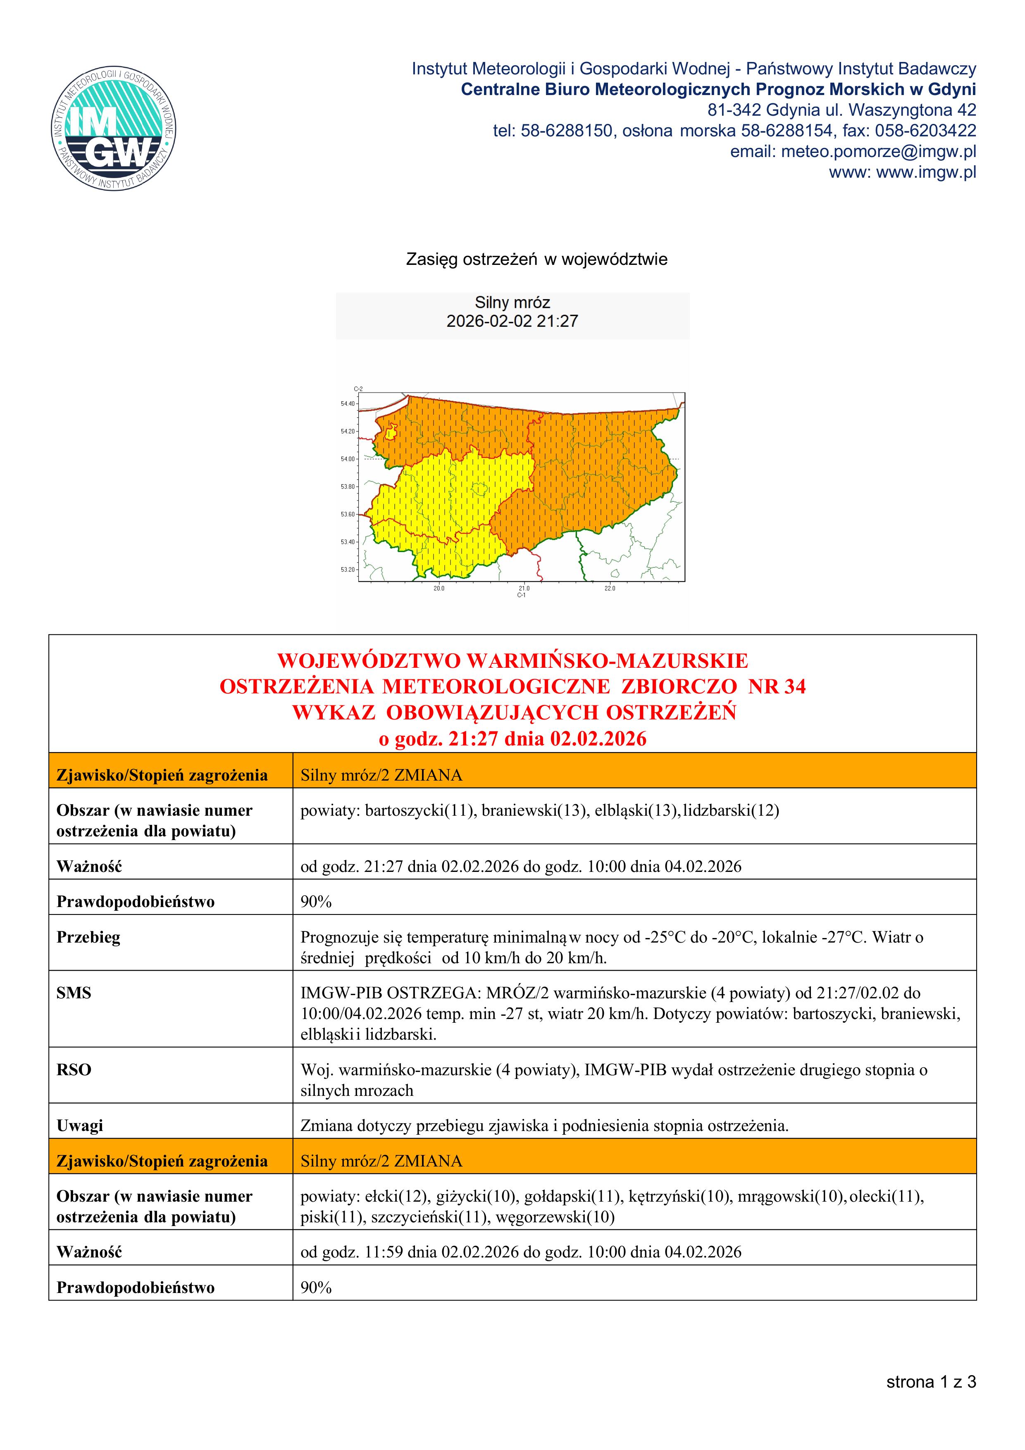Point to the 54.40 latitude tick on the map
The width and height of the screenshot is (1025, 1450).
point(348,404)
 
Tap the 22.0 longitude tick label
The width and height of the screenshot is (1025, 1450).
point(610,588)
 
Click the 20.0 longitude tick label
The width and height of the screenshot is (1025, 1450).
point(438,588)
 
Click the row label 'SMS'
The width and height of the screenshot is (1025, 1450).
point(74,993)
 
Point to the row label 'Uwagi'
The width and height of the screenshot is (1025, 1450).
point(80,1125)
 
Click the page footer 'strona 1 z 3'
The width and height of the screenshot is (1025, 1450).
point(931,1382)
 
